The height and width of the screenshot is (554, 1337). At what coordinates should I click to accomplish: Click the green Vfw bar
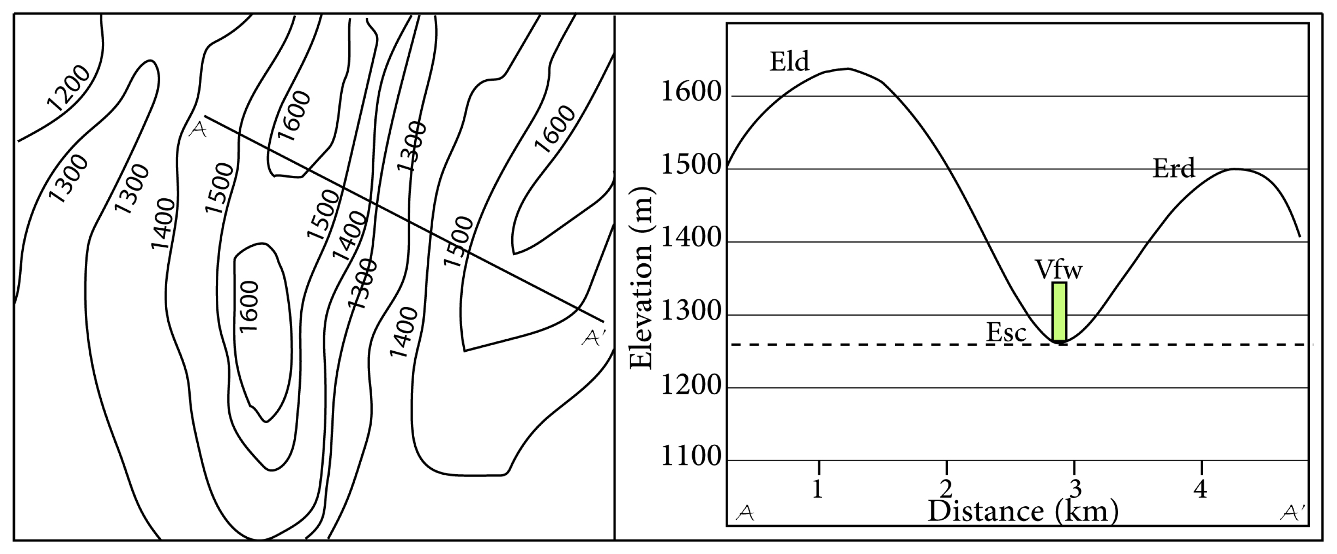click(1059, 312)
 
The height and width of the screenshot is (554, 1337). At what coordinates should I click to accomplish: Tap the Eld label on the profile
click(789, 62)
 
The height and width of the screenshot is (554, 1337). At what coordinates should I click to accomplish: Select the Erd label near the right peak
click(1174, 168)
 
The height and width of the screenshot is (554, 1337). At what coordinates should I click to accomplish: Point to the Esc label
click(1006, 333)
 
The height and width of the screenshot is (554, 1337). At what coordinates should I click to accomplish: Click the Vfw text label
click(1059, 270)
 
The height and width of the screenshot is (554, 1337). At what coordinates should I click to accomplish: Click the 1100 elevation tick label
click(692, 457)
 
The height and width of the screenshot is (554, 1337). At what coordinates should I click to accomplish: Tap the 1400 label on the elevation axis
click(692, 238)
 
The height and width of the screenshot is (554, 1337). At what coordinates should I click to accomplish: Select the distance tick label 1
click(818, 489)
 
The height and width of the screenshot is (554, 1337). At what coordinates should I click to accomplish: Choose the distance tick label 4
click(1201, 489)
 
